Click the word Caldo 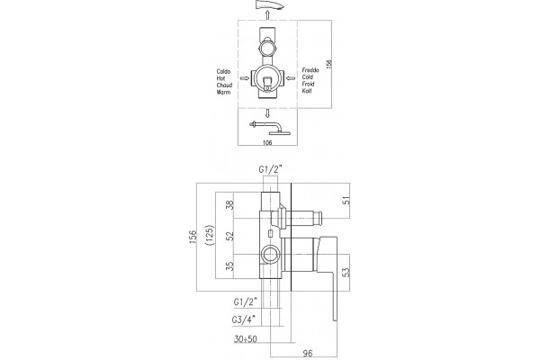223,72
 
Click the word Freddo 310,70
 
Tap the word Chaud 224,85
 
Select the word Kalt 307,91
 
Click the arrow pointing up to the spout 267,14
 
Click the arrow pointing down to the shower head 267,113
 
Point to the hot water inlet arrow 245,78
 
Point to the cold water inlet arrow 291,78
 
